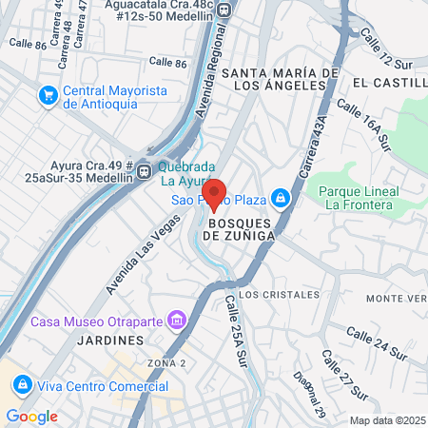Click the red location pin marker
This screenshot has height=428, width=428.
(214, 196)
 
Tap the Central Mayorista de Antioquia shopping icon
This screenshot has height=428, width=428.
(47, 95)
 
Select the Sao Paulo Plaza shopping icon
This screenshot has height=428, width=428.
(280, 198)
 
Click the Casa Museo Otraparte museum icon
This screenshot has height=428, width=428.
(176, 320)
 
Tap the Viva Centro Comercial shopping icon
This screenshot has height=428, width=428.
(21, 385)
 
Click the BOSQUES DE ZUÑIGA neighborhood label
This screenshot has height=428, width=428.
(240, 226)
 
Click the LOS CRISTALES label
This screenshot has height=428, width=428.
(280, 295)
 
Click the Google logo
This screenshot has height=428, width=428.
(31, 416)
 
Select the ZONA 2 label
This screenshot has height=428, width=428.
(166, 363)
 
